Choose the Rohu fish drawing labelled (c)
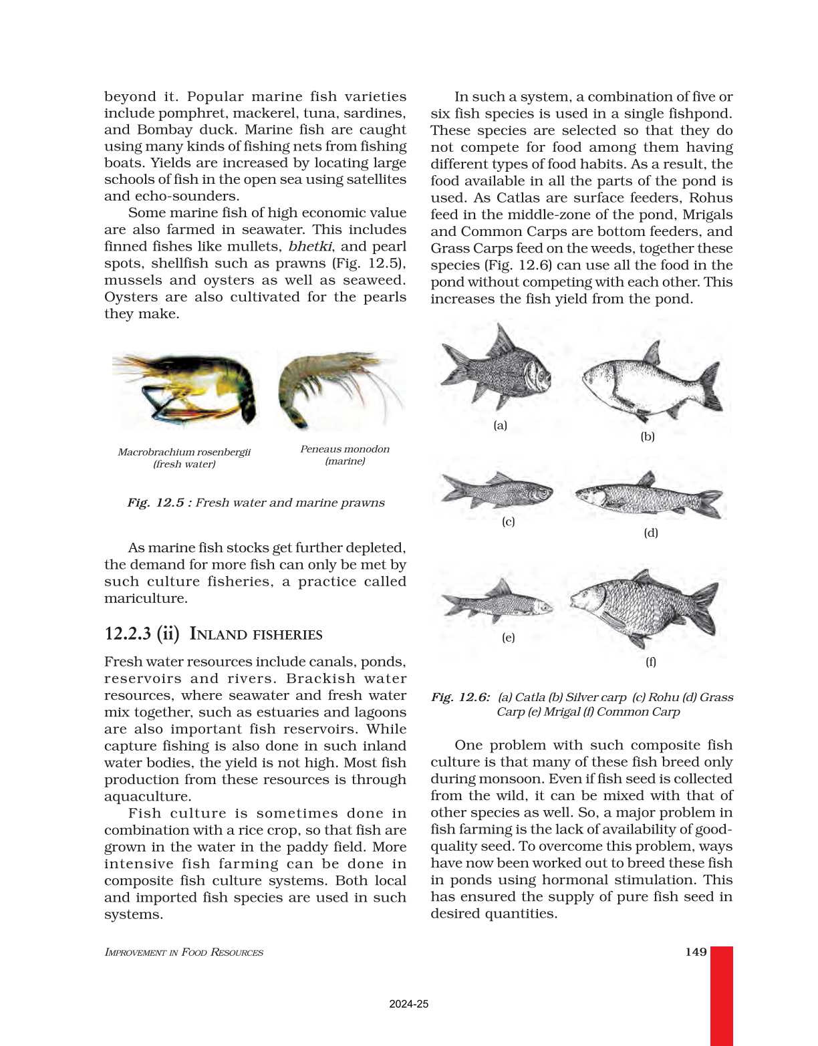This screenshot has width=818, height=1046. [x=498, y=491]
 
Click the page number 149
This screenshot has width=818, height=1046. [x=696, y=952]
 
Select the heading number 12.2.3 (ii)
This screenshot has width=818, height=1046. [x=142, y=634]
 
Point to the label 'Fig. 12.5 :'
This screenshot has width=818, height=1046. [x=159, y=503]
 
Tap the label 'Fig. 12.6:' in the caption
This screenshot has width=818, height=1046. [x=460, y=697]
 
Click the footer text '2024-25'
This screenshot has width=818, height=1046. [x=408, y=1004]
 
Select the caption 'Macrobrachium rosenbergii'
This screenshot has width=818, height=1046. [x=184, y=452]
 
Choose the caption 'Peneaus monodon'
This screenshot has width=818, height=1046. [x=344, y=449]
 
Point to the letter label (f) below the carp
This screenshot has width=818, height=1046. [x=650, y=662]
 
